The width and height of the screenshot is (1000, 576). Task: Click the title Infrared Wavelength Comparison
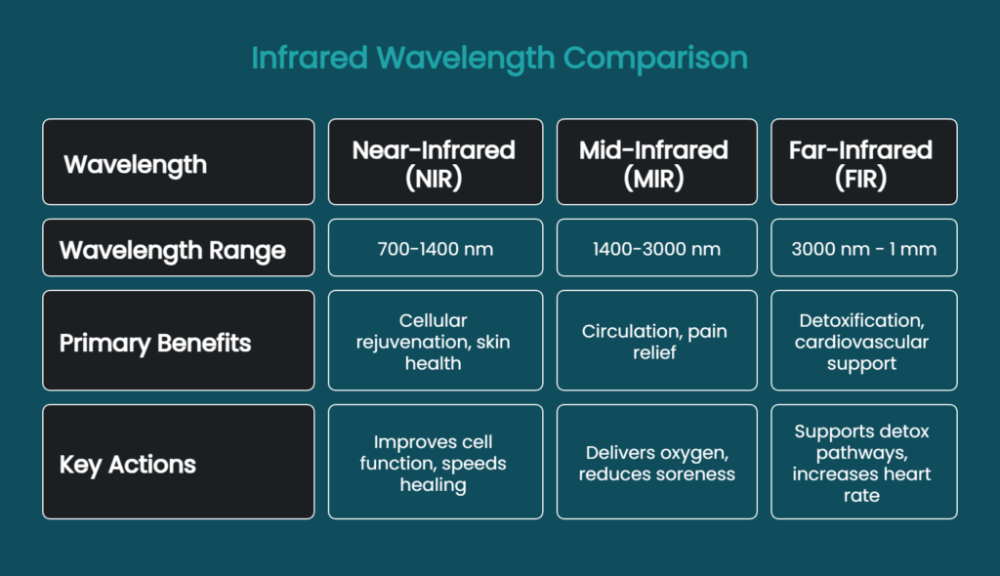point(499,58)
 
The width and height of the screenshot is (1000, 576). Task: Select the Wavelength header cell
point(178,162)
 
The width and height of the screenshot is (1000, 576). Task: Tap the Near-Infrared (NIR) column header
point(435,162)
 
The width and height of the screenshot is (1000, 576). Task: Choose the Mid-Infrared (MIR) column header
point(656,162)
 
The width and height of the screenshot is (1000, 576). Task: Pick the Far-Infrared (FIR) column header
point(863,162)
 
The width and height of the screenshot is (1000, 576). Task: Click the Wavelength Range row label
point(178,249)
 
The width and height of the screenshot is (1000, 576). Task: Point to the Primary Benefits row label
point(178,341)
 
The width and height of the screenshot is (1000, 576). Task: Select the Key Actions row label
point(178,462)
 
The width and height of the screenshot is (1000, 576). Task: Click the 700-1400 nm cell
point(435,249)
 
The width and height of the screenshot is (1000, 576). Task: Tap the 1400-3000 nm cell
point(656,249)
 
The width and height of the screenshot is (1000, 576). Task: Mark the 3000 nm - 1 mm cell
point(863,249)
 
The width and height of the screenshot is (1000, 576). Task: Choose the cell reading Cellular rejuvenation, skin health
point(435,341)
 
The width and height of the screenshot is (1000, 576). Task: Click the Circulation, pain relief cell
point(656,341)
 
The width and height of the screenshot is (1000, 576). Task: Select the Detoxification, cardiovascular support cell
point(863,341)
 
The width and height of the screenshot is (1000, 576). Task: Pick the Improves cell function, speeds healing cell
point(435,462)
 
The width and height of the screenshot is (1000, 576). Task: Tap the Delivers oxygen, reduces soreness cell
point(656,462)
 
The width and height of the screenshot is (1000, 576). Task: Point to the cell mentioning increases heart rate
point(863,462)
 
